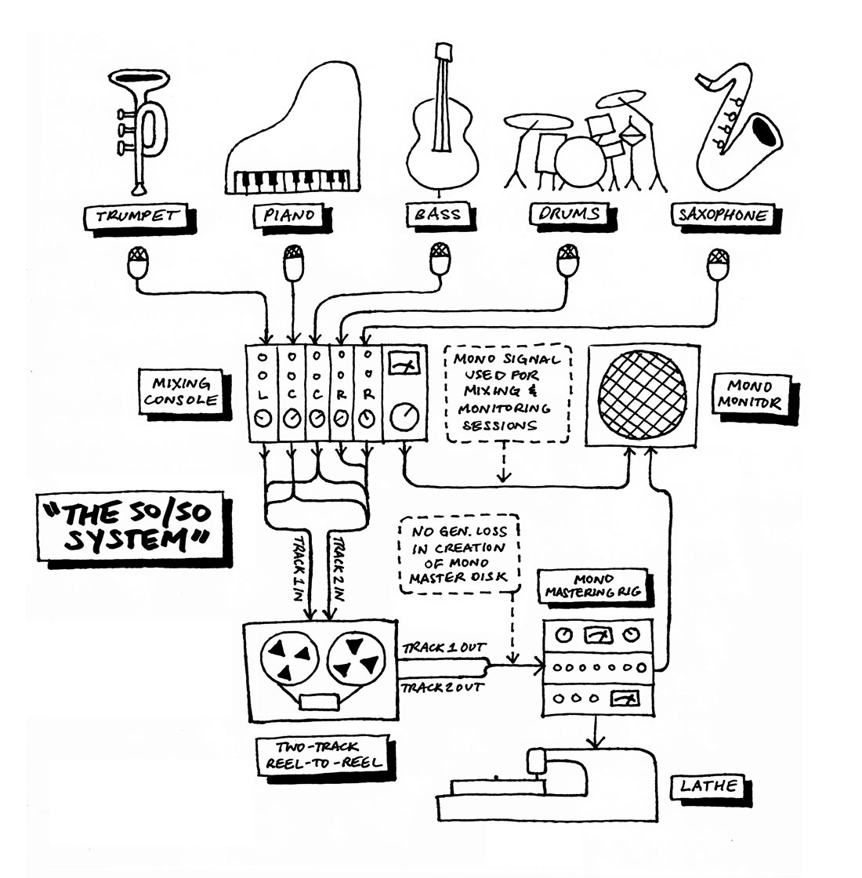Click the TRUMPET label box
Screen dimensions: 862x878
136,216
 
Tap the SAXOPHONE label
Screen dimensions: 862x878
723,215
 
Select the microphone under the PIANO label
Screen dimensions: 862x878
293,262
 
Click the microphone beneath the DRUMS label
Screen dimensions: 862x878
567,261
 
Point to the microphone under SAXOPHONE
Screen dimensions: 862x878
718,265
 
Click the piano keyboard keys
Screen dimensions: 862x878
292,181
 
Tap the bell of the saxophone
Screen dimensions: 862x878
765,133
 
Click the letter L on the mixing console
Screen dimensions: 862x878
263,395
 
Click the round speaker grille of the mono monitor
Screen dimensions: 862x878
642,395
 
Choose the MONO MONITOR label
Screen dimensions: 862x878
751,394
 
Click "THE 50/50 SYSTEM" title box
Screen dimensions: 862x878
130,526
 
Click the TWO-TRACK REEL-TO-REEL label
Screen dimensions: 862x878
323,755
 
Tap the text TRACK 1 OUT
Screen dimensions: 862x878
444,648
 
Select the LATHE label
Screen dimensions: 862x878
708,786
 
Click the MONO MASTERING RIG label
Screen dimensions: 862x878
592,586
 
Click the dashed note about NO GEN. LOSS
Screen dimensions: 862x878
459,554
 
